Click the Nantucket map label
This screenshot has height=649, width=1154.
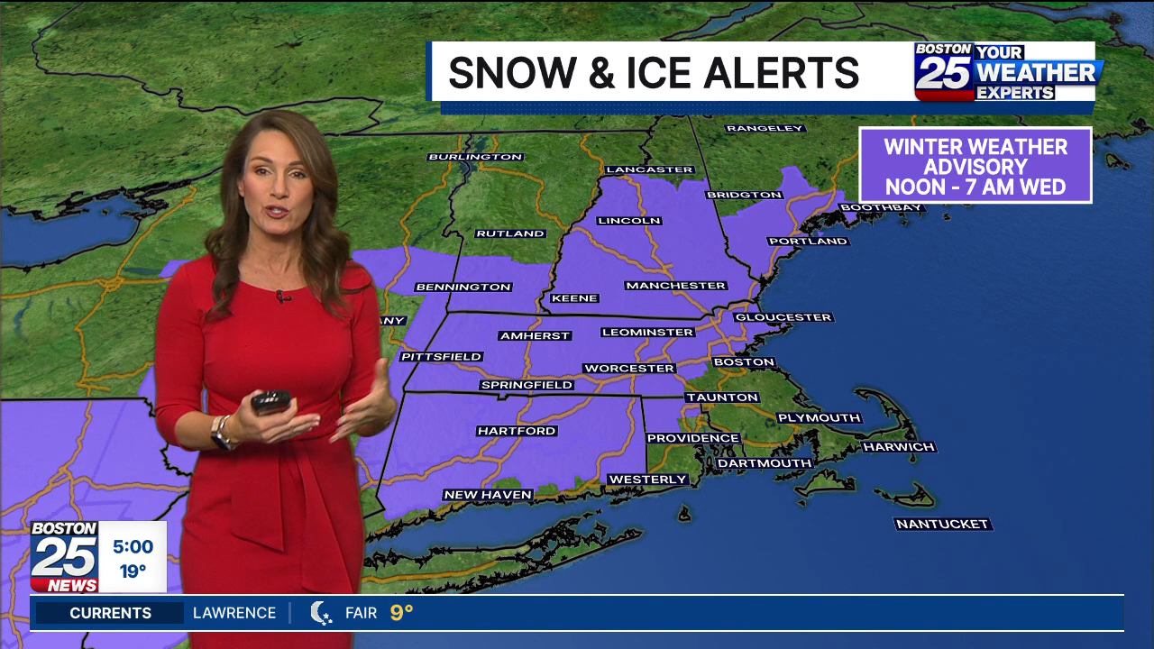click(942, 524)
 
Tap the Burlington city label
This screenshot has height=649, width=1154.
click(475, 157)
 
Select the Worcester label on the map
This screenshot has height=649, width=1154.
click(628, 368)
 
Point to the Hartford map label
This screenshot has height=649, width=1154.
click(517, 431)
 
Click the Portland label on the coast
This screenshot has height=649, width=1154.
click(808, 241)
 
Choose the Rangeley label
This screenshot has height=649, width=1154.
click(765, 128)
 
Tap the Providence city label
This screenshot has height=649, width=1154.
click(692, 438)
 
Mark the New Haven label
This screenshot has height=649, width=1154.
click(488, 495)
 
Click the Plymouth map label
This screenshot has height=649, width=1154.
click(819, 417)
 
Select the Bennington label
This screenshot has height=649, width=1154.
click(463, 287)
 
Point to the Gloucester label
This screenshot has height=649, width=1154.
click(783, 317)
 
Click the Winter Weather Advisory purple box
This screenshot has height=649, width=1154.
click(975, 166)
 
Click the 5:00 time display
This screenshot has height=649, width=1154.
click(133, 546)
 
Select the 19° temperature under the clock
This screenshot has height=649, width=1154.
click(133, 571)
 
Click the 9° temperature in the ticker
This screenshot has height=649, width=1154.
click(401, 613)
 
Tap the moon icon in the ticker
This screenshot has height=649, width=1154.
click(321, 613)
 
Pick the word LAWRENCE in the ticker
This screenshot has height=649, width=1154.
click(234, 613)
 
